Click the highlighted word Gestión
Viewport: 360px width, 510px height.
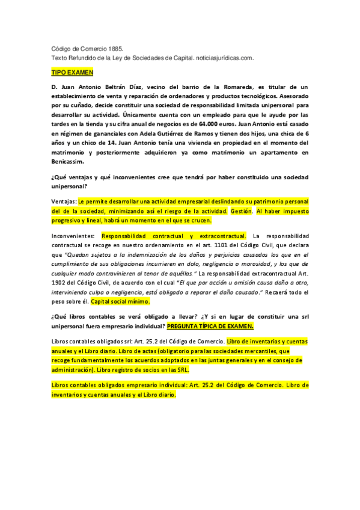tap(242, 212)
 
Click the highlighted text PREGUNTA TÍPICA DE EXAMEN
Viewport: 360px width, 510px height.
tap(210, 325)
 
